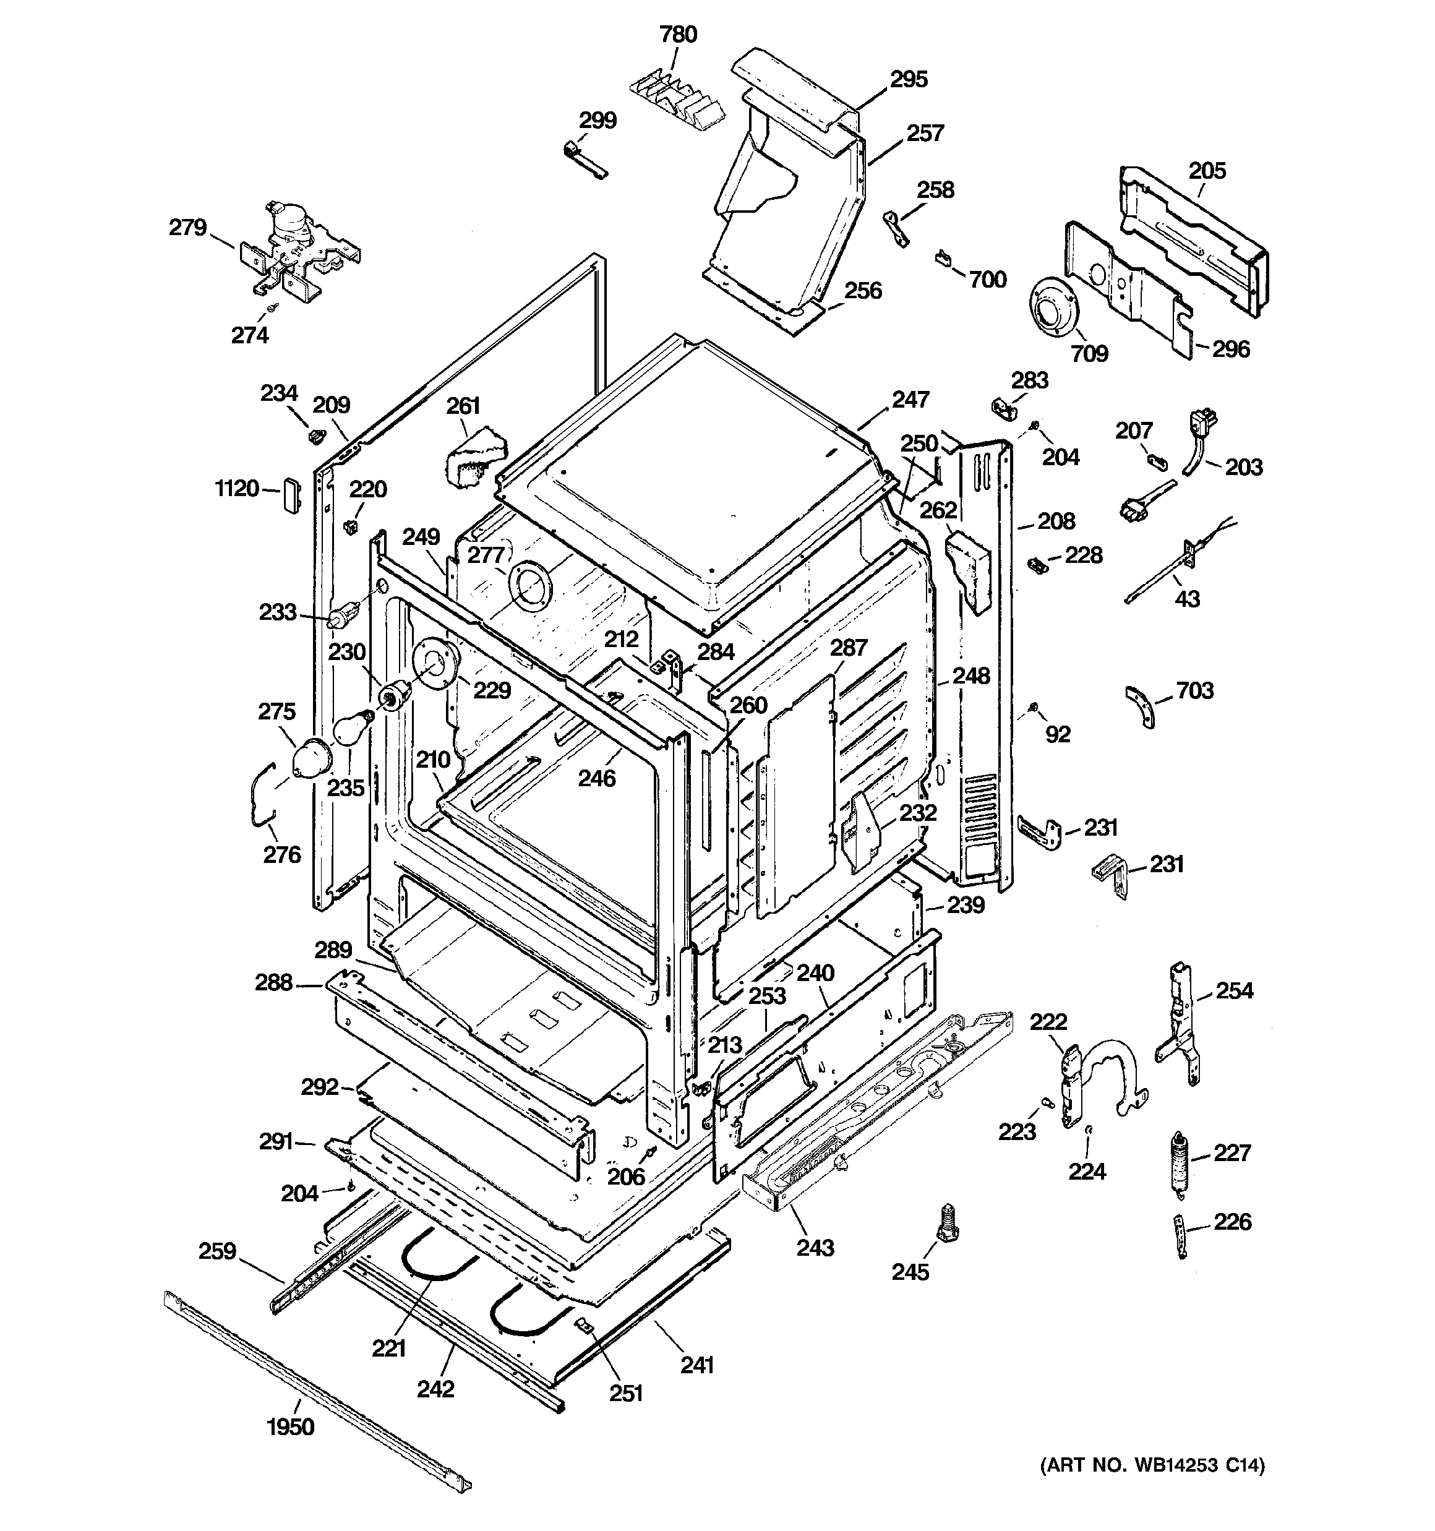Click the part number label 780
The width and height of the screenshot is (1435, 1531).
pos(678,35)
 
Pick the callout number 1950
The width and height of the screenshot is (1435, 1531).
pos(290,1427)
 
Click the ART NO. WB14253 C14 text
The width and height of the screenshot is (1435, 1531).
pos(1152,1466)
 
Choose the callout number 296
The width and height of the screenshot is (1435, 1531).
pos(1231,349)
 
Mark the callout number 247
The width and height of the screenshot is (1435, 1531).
pos(910,400)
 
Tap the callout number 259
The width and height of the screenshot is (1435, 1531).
pos(216,1251)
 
